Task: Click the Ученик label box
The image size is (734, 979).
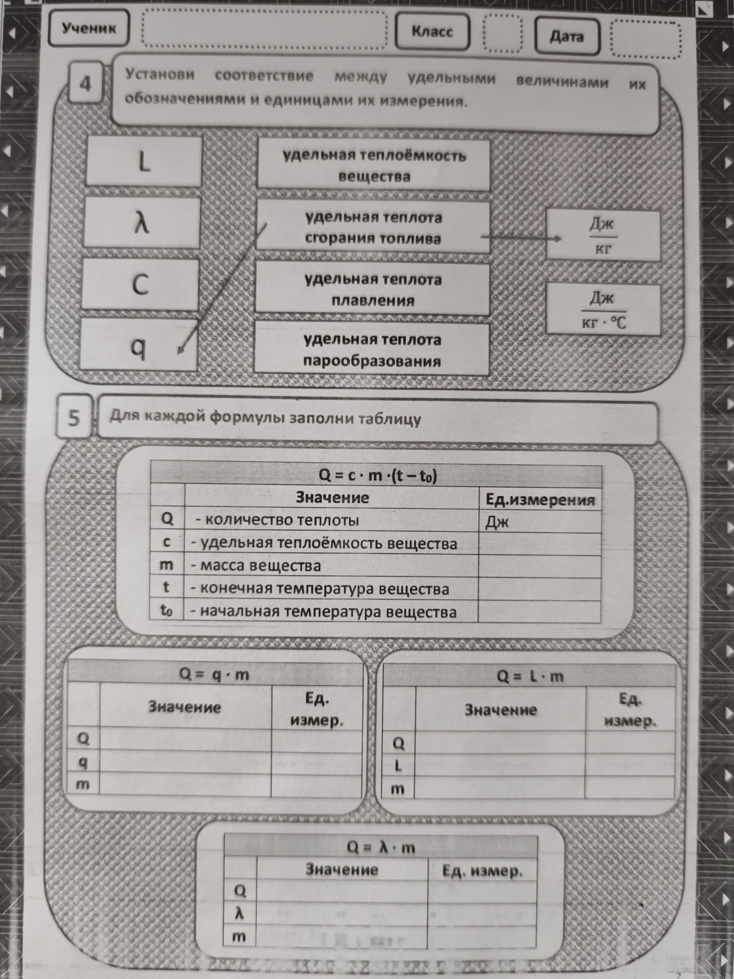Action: click(88, 28)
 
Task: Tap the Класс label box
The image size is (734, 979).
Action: click(432, 32)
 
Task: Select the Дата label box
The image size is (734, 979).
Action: click(566, 37)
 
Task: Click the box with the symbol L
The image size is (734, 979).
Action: click(143, 161)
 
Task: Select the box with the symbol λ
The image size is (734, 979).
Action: click(141, 223)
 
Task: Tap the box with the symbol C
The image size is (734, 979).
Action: click(140, 284)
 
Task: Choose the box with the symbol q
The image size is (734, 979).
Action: click(138, 344)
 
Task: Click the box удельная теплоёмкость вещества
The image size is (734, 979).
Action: click(374, 165)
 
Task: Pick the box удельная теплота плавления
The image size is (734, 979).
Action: click(372, 289)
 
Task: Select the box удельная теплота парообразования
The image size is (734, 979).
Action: click(372, 350)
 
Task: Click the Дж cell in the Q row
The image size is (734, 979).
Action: click(539, 522)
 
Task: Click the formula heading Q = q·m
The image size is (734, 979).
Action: click(214, 674)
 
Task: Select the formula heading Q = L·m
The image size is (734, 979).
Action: click(531, 676)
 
